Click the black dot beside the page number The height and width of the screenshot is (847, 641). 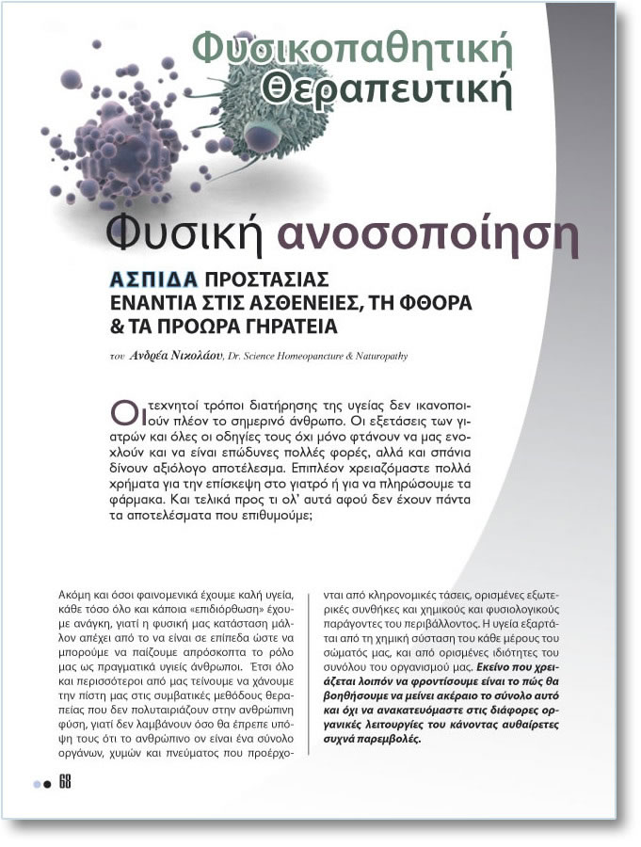click(47, 784)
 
